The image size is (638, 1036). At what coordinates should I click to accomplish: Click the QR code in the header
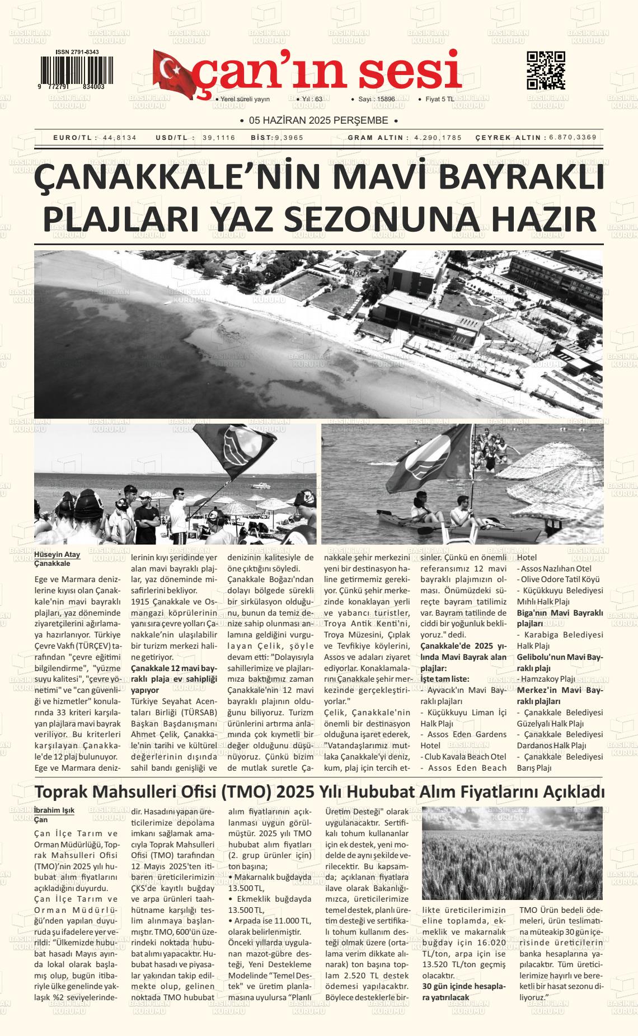coord(546,71)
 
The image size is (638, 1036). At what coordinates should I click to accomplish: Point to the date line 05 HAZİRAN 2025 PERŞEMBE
coord(318,120)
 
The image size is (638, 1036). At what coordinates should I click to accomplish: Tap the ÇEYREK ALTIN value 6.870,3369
coord(573,137)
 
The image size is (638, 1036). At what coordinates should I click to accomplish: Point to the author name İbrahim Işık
coord(54,810)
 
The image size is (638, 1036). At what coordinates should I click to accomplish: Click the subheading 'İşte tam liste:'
coord(445,679)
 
